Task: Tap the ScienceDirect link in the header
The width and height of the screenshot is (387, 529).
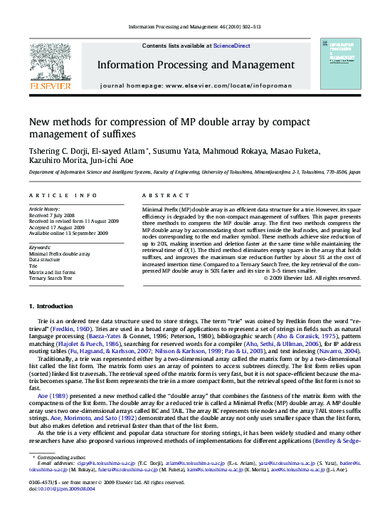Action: pos(231,46)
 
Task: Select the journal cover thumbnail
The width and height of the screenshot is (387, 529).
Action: pos(340,63)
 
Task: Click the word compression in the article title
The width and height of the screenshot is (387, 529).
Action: pos(124,122)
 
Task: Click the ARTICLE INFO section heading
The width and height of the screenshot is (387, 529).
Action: pos(63,194)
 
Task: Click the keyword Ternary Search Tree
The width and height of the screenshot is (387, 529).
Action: pos(51,278)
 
